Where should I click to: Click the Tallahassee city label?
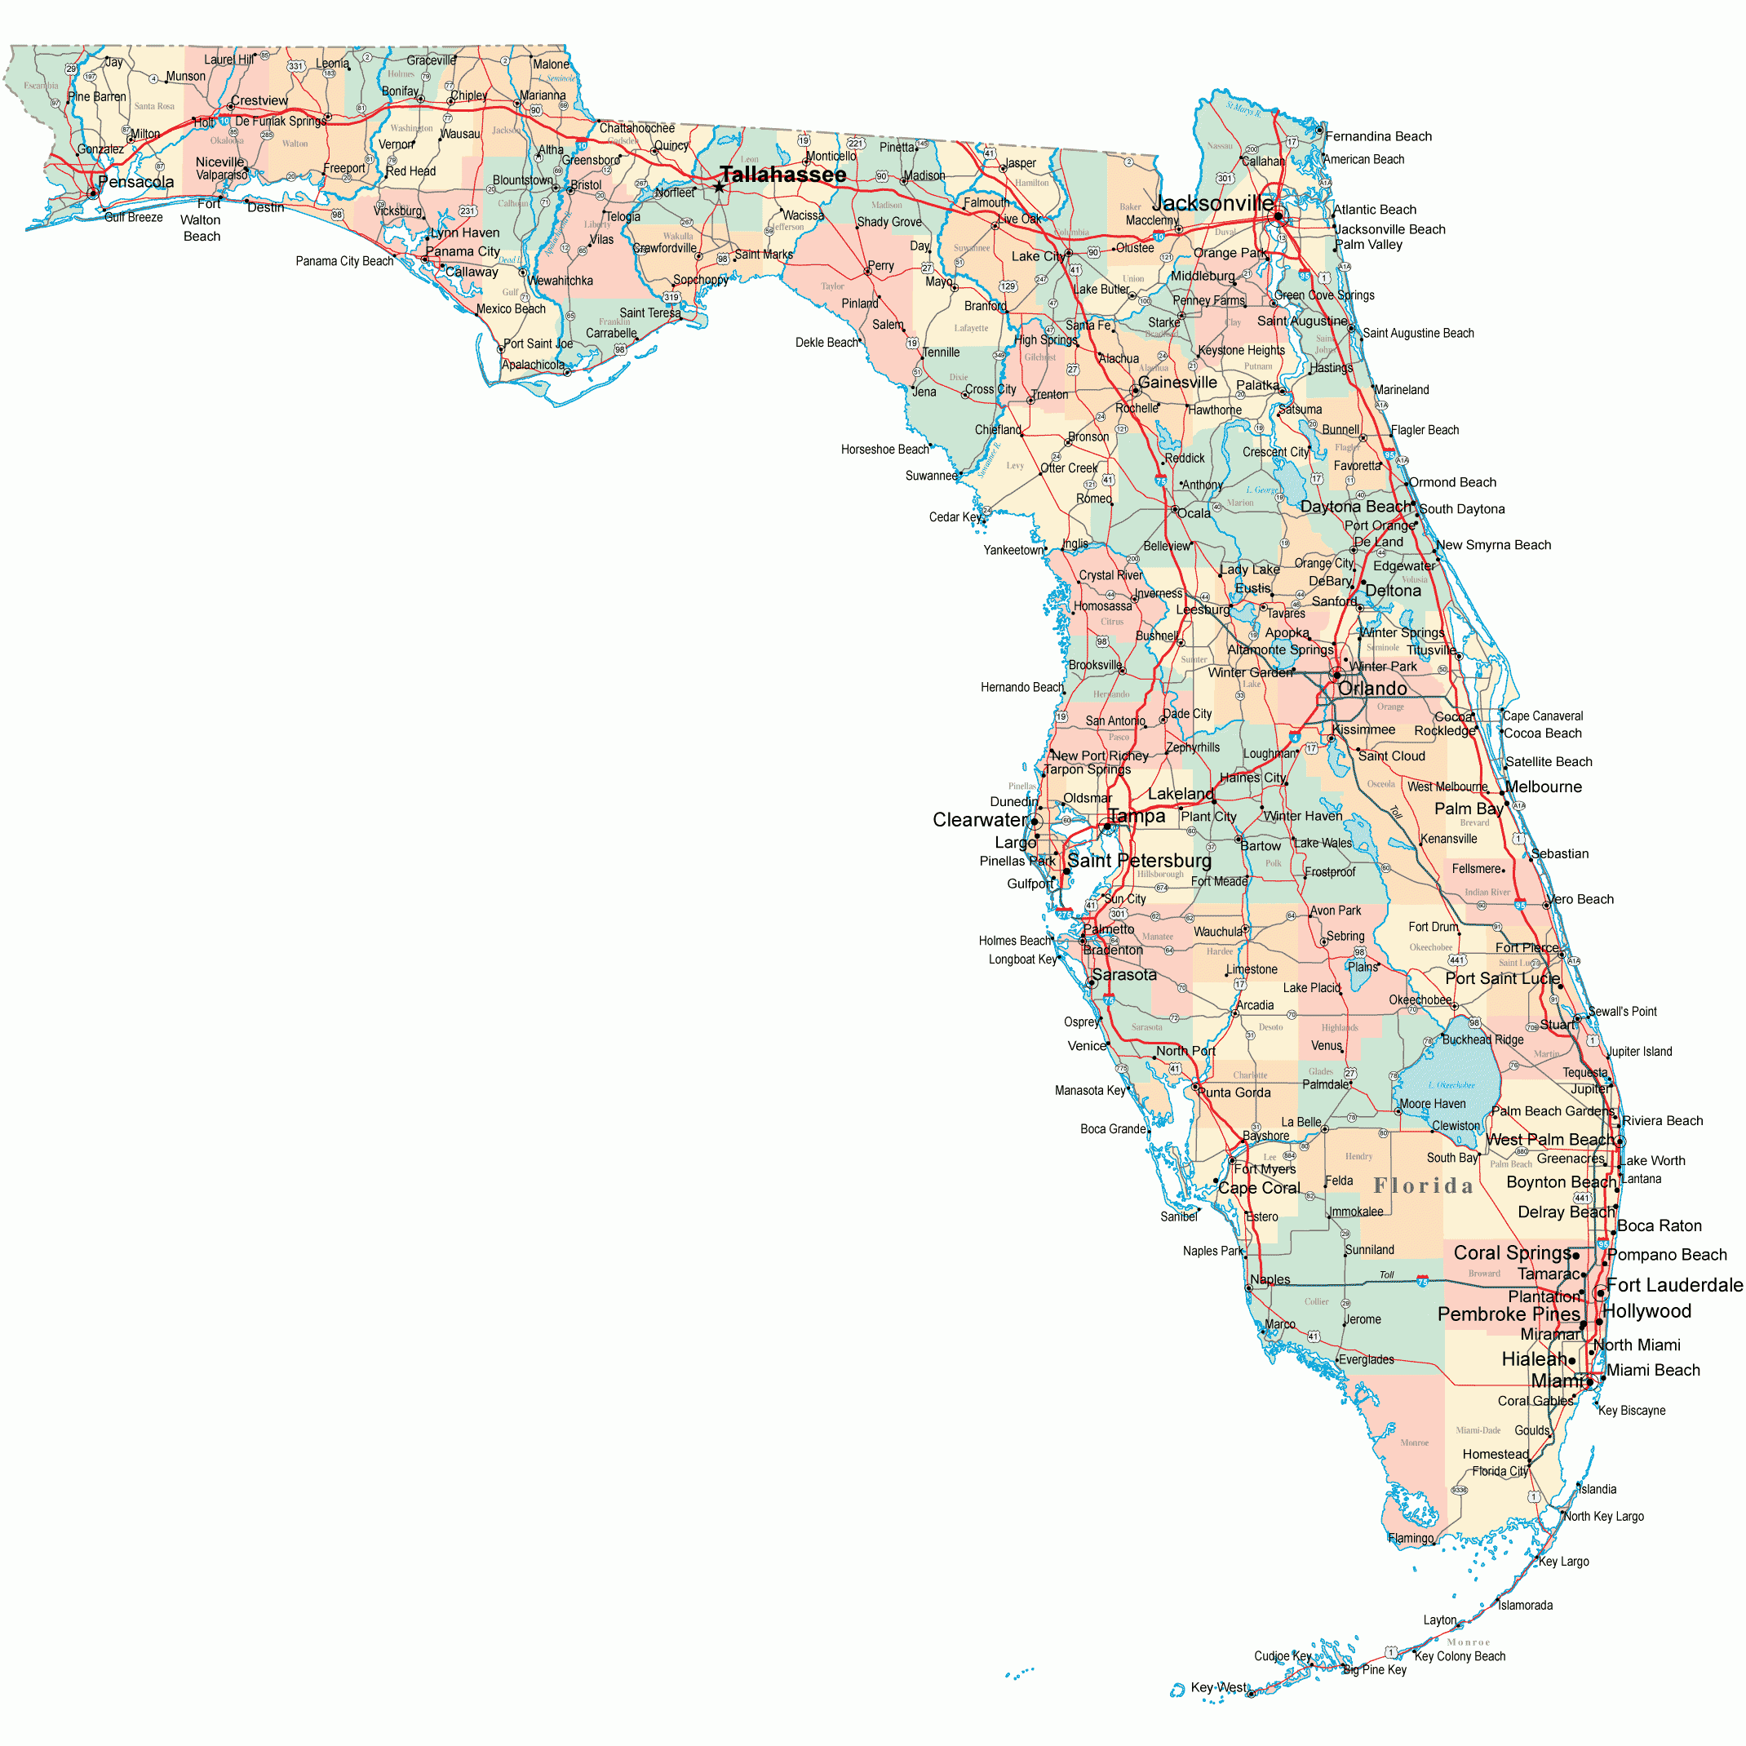coord(782,175)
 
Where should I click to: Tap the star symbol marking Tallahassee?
coord(719,187)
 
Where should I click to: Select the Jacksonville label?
coord(1212,203)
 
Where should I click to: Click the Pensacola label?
coord(135,182)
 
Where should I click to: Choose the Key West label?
coord(1218,1687)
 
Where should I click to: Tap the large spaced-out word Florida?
coord(1424,1185)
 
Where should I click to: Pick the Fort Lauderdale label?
coord(1674,1285)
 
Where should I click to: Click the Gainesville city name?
coord(1177,383)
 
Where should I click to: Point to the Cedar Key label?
coord(955,517)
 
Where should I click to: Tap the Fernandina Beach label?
coord(1378,136)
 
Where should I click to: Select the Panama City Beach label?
coord(344,261)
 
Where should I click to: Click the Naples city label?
coord(1270,1279)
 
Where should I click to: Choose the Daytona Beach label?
coord(1355,507)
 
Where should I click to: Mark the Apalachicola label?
coord(534,365)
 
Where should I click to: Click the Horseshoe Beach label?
coord(884,450)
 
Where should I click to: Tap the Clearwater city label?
coord(980,820)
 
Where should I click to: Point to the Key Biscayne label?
coord(1631,1411)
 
